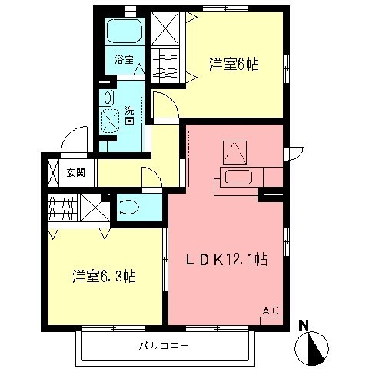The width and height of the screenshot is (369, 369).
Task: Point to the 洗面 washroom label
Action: click(130, 115)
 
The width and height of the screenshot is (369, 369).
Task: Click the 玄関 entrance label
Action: click(75, 172)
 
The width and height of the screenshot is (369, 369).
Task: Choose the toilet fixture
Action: click(128, 207)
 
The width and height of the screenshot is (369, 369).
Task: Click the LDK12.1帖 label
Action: click(226, 260)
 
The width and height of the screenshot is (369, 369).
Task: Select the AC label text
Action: click(270, 310)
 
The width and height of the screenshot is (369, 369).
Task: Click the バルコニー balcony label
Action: click(165, 346)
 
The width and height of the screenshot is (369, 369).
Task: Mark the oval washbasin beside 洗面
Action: click(108, 98)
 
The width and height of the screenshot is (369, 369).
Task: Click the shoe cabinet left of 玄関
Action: click(53, 172)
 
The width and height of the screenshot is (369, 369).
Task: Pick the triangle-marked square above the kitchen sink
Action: click(234, 150)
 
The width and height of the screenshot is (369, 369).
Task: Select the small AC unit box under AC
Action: click(270, 320)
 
